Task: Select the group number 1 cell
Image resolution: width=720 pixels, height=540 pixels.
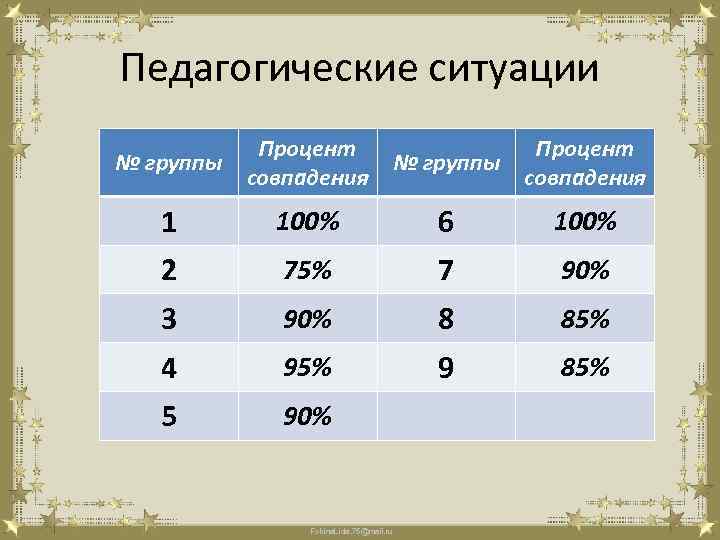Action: click(169, 224)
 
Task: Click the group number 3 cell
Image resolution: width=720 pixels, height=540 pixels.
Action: click(169, 320)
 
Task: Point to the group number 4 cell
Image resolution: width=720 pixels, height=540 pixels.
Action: click(169, 369)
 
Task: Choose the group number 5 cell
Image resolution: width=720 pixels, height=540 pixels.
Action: click(169, 417)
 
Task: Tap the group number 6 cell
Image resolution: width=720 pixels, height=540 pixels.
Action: click(446, 224)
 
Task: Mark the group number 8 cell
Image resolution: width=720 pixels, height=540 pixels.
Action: click(446, 320)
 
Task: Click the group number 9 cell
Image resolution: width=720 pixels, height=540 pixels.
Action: click(446, 369)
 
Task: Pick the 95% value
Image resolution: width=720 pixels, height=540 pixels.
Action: click(307, 368)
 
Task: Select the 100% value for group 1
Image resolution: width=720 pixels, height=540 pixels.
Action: click(307, 222)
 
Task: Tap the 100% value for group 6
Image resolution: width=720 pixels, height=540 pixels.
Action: click(585, 222)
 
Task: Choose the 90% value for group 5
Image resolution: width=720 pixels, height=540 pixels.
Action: click(307, 417)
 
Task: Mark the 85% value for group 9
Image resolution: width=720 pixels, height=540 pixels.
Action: click(585, 368)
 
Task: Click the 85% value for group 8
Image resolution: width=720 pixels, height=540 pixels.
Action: click(585, 320)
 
